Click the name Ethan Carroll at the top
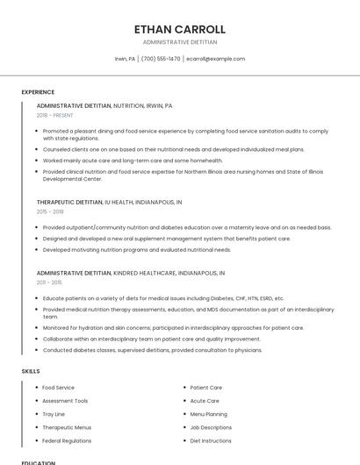(179, 29)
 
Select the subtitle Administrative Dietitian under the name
(179, 42)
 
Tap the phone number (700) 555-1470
(161, 59)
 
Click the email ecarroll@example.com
(215, 59)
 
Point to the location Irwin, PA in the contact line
(126, 59)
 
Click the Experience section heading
(38, 92)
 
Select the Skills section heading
(31, 371)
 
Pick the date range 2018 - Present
(55, 115)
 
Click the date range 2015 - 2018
(50, 211)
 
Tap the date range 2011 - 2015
(49, 283)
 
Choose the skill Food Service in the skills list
(58, 387)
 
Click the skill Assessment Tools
(65, 401)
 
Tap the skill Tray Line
(54, 414)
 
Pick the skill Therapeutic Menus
(67, 427)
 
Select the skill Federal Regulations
(67, 440)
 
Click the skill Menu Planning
(209, 414)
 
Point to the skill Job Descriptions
(211, 427)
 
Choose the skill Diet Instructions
(211, 440)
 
